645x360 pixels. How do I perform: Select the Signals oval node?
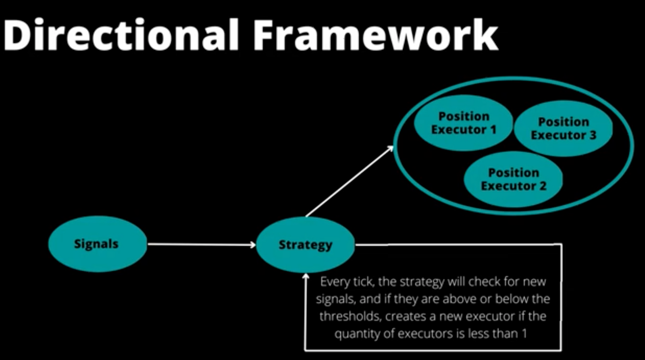tap(97, 244)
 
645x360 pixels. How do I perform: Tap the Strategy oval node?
tap(305, 245)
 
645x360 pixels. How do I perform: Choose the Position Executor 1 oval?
tap(463, 123)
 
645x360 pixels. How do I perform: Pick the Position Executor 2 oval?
tap(513, 179)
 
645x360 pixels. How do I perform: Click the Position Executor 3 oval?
tap(563, 128)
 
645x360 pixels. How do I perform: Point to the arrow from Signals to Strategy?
tap(202, 244)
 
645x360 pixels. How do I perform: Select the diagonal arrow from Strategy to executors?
tap(349, 181)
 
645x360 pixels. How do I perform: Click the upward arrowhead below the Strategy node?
tap(306, 277)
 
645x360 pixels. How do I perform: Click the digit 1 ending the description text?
tap(524, 333)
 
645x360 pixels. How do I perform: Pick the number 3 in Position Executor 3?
tap(593, 135)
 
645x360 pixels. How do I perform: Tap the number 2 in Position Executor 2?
tap(543, 186)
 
